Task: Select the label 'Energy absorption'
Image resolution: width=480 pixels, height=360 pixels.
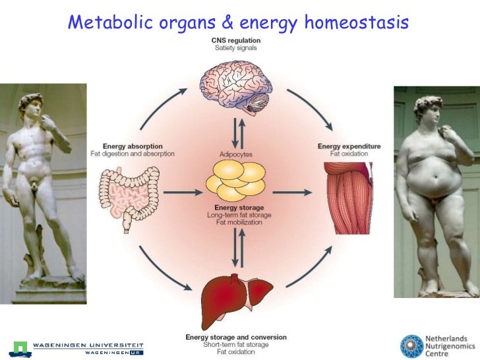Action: click(133, 146)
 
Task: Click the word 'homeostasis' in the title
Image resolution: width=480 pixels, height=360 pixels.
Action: click(356, 24)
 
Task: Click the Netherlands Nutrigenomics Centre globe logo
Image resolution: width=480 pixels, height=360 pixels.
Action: click(413, 346)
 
